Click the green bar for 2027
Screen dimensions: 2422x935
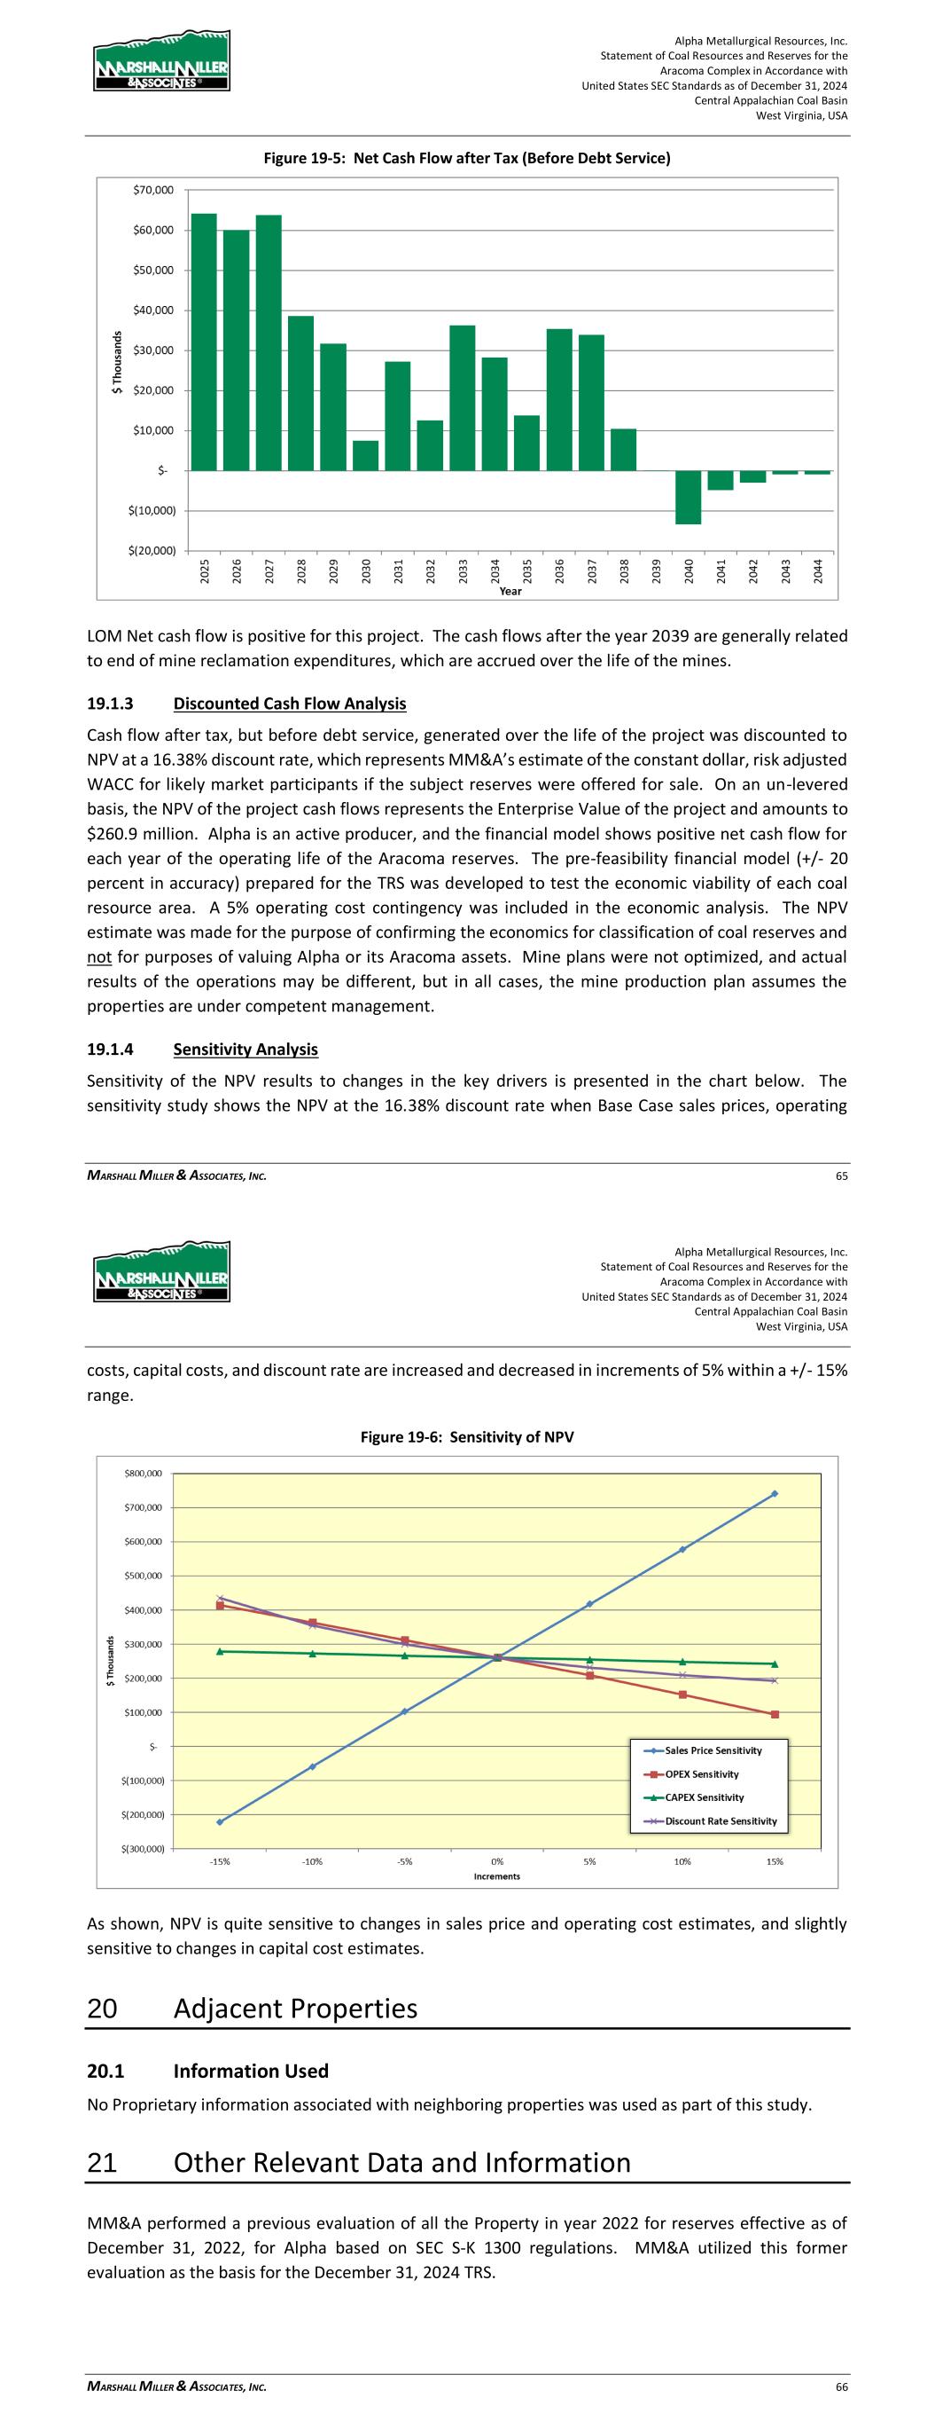(x=269, y=342)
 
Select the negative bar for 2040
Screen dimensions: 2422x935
(x=688, y=497)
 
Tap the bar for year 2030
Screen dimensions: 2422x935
(x=365, y=455)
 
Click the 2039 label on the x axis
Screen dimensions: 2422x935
(x=657, y=570)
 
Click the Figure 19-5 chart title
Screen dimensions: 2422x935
(x=467, y=158)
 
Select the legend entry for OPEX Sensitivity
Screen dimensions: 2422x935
(x=701, y=1774)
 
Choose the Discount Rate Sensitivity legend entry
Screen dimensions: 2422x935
(x=720, y=1821)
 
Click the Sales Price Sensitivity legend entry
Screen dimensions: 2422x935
(x=713, y=1750)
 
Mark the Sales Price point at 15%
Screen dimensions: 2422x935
(x=775, y=1493)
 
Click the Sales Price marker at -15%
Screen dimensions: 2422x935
(x=220, y=1822)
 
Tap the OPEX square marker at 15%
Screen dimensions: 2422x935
(x=775, y=1714)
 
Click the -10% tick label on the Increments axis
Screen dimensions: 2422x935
(x=312, y=1860)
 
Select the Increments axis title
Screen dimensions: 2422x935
(x=496, y=1875)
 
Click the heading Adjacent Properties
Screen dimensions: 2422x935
(x=295, y=2009)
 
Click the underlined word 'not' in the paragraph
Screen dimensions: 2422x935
(x=98, y=957)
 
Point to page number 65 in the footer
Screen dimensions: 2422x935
(x=841, y=1177)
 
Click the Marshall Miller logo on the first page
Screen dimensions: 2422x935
(x=161, y=61)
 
